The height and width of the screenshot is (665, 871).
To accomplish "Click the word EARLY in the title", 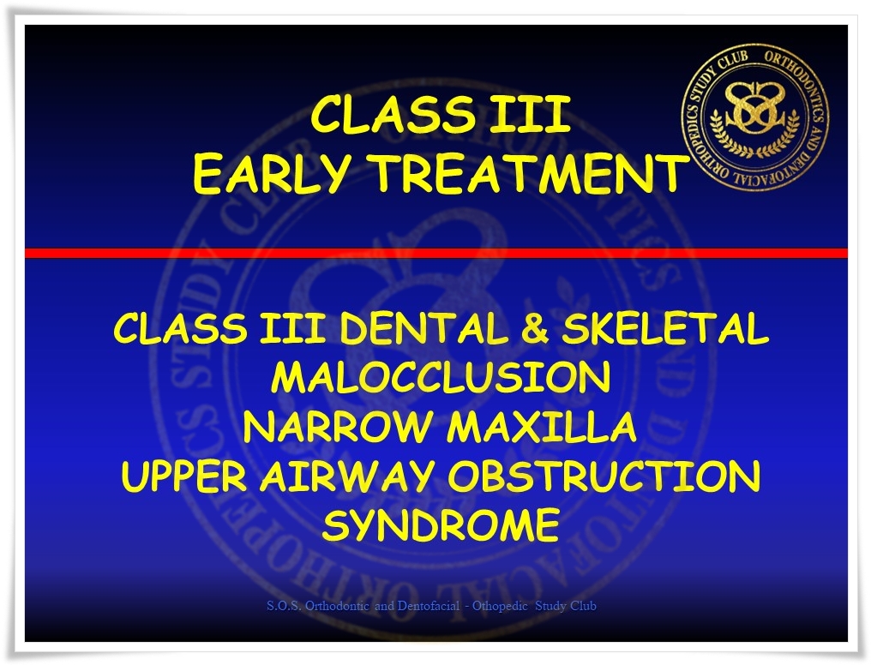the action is coord(272,174).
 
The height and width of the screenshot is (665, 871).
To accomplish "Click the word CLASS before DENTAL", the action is coord(181,328).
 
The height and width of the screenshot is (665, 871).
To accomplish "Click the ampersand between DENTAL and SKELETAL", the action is coord(535,328).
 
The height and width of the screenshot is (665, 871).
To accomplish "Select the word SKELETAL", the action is coord(665,328).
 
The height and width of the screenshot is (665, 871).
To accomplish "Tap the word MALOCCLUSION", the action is coord(441,377).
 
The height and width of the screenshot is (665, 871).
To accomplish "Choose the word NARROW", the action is coord(338,427).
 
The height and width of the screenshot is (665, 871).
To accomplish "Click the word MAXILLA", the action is coord(542,427).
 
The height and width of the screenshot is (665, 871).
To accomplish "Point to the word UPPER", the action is coord(183,476).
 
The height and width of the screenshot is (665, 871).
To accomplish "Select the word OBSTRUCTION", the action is coord(604,476).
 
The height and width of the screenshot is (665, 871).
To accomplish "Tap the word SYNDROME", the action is coord(441,525).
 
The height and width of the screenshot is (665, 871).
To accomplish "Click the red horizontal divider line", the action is coord(436,253).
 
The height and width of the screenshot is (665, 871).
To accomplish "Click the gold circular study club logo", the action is coord(755,117).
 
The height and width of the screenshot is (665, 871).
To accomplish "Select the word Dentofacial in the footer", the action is coord(429,606).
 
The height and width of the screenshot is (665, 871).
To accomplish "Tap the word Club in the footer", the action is coord(583,606).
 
